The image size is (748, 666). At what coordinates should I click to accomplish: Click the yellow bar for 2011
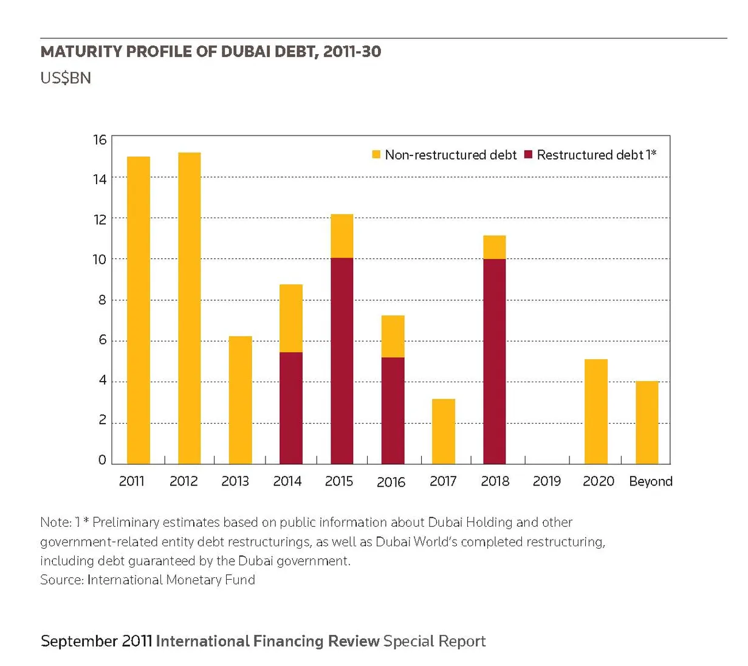pos(139,310)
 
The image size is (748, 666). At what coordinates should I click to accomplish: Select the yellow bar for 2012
pos(190,308)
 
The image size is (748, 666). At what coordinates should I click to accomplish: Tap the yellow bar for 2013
pos(241,400)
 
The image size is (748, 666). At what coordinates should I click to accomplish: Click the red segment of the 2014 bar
pos(291,408)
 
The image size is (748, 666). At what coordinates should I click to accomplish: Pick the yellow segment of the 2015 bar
pos(342,236)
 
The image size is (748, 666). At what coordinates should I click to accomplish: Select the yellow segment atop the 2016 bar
pos(393,336)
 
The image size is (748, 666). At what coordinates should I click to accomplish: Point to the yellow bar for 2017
pos(444,431)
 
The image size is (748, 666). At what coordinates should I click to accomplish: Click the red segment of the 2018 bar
pos(495,362)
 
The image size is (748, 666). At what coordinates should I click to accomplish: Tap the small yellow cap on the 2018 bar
pos(495,247)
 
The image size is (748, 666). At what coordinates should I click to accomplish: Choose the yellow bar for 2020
pos(596,411)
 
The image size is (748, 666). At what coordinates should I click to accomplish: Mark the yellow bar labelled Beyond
pos(647,422)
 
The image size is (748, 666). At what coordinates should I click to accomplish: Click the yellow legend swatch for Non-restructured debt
pos(376,154)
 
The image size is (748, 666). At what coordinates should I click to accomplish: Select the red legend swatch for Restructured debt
pos(528,154)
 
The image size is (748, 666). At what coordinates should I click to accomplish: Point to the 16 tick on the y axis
pos(100,140)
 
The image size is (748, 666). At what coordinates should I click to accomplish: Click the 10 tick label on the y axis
pos(100,259)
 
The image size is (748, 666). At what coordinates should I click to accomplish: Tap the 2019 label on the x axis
pos(547,481)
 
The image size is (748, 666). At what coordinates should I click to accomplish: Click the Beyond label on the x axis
pos(651,481)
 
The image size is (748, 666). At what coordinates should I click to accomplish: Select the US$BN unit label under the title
pos(66,78)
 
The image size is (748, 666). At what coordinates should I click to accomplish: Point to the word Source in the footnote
pos(62,580)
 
